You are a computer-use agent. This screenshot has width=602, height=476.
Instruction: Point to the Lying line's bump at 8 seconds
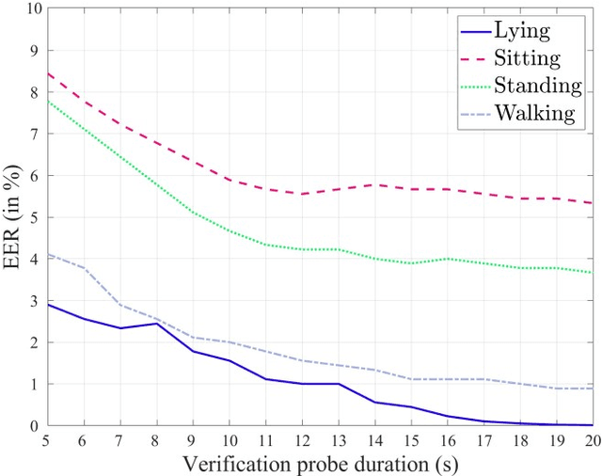tap(156, 324)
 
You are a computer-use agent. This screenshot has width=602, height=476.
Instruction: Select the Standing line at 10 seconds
tap(229, 231)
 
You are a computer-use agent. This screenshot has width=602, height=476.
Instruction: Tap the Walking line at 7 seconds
tap(120, 305)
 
